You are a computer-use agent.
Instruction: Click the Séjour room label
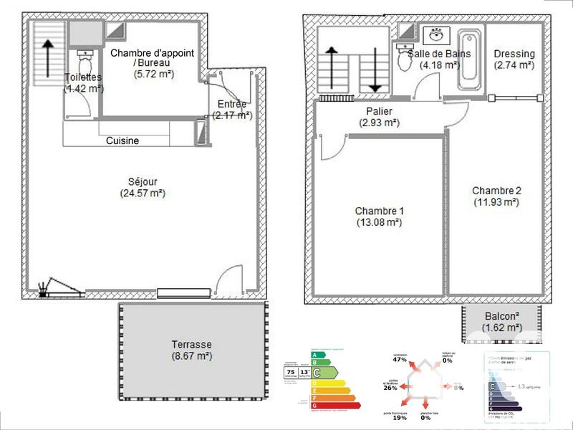pos(143,181)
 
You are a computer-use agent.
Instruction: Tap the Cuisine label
pos(122,141)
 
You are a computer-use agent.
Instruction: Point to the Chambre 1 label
pos(380,211)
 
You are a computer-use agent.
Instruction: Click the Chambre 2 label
pos(496,191)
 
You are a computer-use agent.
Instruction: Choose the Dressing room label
pos(514,54)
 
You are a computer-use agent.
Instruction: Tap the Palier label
pos(380,111)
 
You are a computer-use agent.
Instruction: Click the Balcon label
pos(500,316)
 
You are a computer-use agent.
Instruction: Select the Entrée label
pos(232,105)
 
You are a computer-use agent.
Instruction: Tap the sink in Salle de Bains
pos(435,35)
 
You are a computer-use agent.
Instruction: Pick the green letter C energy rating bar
pos(324,372)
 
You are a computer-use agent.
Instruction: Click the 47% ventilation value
pos(400,360)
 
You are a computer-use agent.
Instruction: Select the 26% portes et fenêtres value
pos(390,388)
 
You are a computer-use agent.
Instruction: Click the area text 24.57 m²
pos(143,193)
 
